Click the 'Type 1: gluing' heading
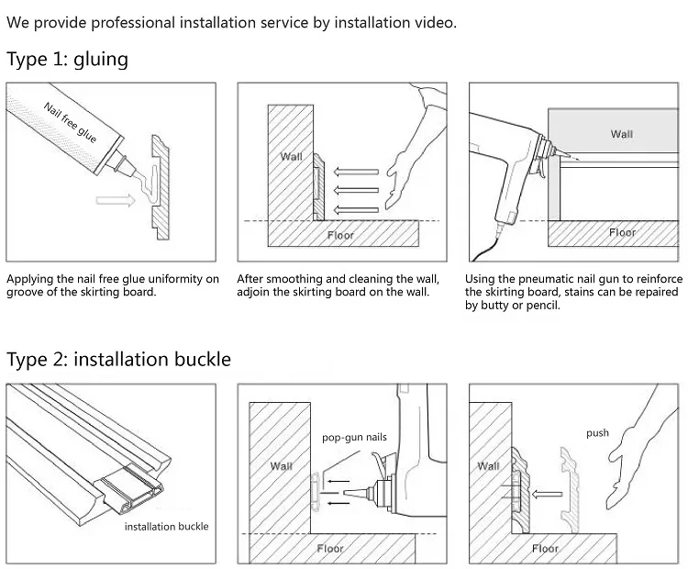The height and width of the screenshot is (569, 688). click(67, 61)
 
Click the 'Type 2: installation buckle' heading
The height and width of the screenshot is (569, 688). click(118, 358)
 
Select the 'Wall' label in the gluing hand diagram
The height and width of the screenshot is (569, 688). click(291, 156)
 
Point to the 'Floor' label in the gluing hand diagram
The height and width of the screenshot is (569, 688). click(340, 234)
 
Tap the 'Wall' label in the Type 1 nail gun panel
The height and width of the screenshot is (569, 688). click(621, 134)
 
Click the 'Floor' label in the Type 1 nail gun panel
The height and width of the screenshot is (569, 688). click(622, 233)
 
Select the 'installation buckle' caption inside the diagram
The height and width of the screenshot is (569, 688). click(166, 526)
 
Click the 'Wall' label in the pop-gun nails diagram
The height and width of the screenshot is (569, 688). click(281, 466)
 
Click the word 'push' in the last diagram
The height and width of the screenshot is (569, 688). click(597, 432)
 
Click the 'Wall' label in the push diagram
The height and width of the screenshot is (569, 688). click(488, 466)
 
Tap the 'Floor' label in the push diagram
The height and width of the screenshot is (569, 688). click(545, 549)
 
